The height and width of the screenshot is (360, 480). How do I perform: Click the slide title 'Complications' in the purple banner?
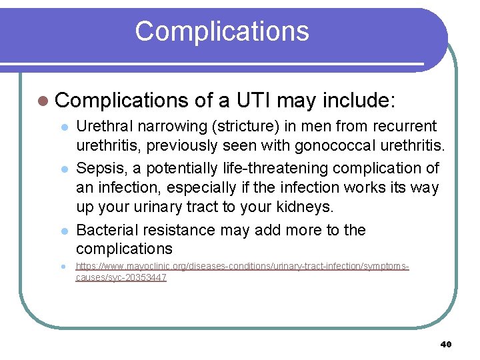pos(222,31)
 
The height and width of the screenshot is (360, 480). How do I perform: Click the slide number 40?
pos(446,344)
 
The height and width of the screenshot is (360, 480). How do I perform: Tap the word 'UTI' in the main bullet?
pos(252,100)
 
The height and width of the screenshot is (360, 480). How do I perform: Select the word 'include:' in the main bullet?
pos(359,100)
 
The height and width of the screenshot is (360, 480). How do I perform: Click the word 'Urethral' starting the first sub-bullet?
pos(107,126)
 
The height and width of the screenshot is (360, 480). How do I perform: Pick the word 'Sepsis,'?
pos(100,167)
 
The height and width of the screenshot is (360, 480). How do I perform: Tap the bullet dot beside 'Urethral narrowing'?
pos(63,127)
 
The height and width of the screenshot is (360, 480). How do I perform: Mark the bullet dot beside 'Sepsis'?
pos(63,168)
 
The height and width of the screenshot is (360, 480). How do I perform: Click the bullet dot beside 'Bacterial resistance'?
pos(63,231)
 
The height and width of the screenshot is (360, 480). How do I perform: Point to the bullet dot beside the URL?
pos(63,267)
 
